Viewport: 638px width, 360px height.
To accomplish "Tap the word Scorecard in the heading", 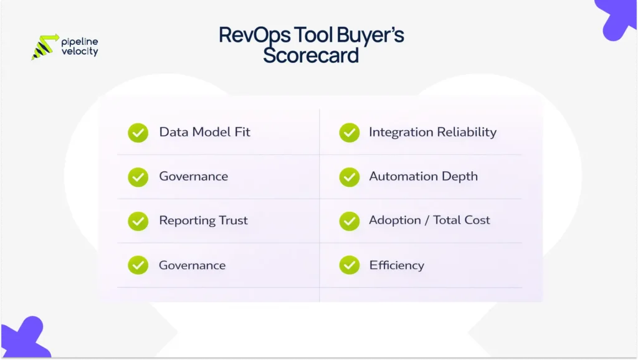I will point(311,55).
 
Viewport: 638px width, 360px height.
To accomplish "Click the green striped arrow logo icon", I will point(44,47).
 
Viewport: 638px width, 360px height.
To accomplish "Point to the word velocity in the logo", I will point(80,52).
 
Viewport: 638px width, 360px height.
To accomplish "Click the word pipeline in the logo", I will point(80,42).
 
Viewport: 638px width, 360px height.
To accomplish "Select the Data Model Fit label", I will point(204,132).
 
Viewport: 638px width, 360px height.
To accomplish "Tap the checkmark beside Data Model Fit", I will point(138,133).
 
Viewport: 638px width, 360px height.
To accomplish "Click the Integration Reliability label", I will point(432,132).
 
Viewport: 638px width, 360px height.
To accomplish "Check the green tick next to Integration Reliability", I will point(349,133).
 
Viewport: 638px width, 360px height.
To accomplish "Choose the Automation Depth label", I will point(423,176).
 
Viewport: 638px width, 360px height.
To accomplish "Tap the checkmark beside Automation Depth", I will point(349,177).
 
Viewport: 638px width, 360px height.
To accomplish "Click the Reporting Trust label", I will point(203,220).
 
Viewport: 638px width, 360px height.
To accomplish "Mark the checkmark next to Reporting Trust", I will point(138,221).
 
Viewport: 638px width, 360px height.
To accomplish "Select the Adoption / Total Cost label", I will point(429,220).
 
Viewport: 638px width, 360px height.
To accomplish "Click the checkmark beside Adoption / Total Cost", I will point(349,221).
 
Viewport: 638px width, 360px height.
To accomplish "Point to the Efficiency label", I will point(396,265).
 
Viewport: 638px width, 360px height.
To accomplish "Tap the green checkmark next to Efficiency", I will point(349,265).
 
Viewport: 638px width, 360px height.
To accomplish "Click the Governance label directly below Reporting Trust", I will point(192,265).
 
